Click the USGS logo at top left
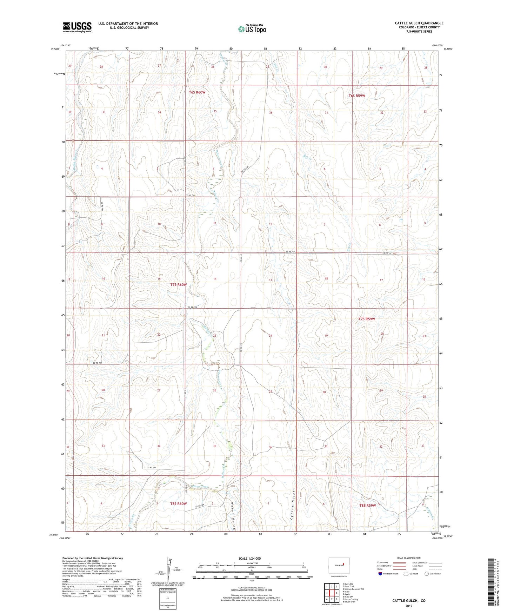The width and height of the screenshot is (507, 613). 77,27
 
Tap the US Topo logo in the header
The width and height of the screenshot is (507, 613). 252,29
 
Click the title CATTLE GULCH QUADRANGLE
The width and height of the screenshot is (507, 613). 419,23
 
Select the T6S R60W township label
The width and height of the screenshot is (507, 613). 197,92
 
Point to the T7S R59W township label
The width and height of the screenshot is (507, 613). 367,319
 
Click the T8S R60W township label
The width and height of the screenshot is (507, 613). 178,503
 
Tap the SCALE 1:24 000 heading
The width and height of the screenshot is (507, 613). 249,558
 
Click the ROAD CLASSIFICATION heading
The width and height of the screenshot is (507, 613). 409,558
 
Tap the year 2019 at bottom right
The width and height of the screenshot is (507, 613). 409,606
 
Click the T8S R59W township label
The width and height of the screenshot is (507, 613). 367,506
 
